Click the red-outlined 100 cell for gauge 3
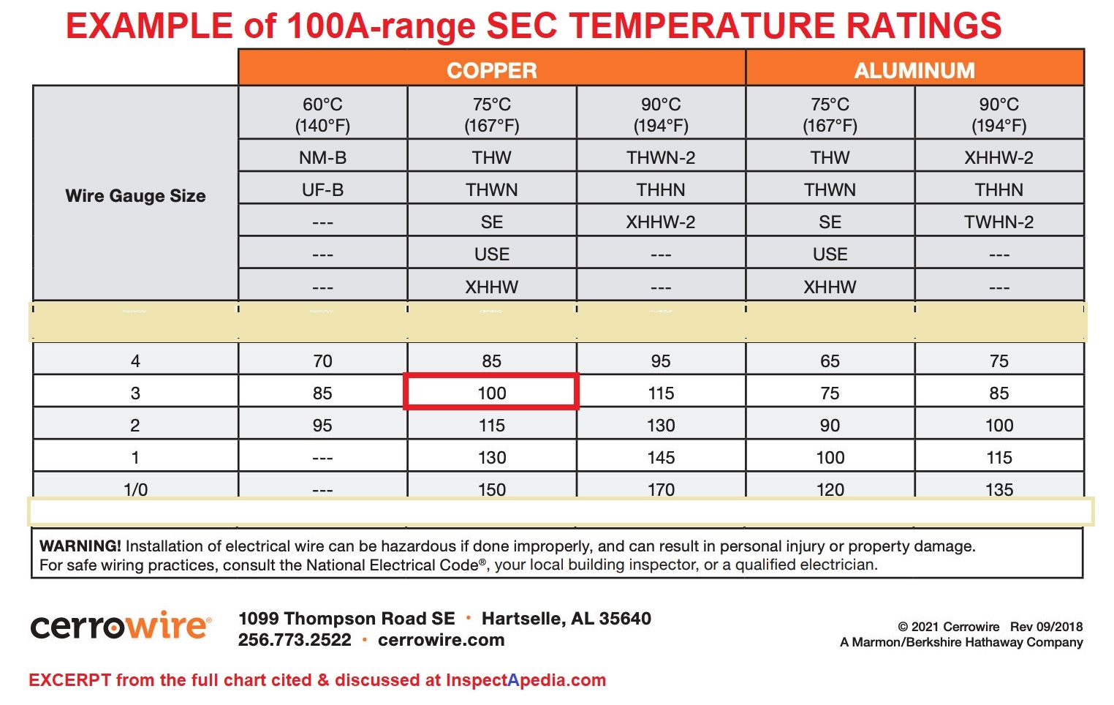pyautogui.click(x=491, y=393)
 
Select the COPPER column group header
pyautogui.click(x=491, y=70)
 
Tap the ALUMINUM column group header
pyautogui.click(x=914, y=70)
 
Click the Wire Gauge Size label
pyautogui.click(x=135, y=196)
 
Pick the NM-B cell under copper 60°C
pyautogui.click(x=322, y=157)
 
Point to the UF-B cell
pyautogui.click(x=322, y=190)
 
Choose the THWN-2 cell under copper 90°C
pyautogui.click(x=661, y=157)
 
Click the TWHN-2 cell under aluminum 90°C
pyautogui.click(x=999, y=222)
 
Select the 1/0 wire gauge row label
pyautogui.click(x=135, y=489)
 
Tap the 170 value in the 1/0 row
pyautogui.click(x=661, y=489)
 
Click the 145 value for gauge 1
pyautogui.click(x=661, y=458)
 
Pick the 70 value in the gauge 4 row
pyautogui.click(x=322, y=361)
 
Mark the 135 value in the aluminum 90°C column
pyautogui.click(x=999, y=489)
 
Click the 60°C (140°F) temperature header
pyautogui.click(x=322, y=115)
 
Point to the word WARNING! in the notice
pyautogui.click(x=80, y=546)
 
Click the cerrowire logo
pyautogui.click(x=121, y=627)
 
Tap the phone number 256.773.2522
pyautogui.click(x=295, y=640)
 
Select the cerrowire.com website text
pyautogui.click(x=441, y=640)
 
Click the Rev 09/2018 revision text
pyautogui.click(x=1046, y=627)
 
